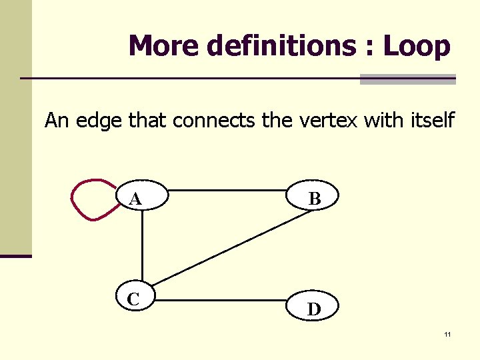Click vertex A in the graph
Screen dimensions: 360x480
pos(141,198)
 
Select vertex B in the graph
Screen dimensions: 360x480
pos(314,198)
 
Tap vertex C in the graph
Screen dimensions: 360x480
pos(135,299)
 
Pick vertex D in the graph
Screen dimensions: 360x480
pos(314,309)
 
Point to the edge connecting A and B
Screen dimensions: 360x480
pos(227,190)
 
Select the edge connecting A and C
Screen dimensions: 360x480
pos(142,247)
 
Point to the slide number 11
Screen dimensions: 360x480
pos(447,334)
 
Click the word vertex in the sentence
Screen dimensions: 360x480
pos(325,121)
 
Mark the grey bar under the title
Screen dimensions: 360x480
pos(407,79)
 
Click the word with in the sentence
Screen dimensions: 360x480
pos(378,121)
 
